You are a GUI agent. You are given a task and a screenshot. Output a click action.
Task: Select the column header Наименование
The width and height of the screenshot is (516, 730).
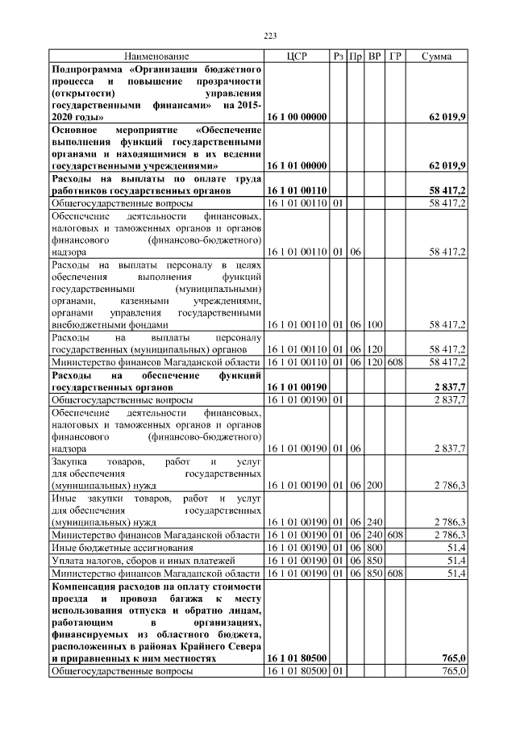pos(156,56)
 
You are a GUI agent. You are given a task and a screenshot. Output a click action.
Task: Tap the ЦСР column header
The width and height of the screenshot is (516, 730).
pos(297,56)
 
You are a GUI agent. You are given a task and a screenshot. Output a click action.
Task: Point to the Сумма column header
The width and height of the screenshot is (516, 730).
pos(436,56)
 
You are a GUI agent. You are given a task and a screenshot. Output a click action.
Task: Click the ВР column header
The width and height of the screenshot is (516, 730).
pos(374,56)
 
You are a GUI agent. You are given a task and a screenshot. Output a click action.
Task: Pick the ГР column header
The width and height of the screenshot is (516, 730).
pos(395,56)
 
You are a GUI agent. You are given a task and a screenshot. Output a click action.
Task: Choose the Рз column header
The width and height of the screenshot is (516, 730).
pos(339,56)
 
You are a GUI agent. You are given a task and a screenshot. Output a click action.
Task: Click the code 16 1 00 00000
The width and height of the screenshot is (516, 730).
pos(297,117)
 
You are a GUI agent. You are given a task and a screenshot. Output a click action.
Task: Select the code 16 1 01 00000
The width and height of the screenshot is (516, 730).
pos(297,165)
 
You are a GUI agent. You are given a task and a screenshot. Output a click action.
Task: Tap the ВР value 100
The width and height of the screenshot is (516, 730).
pos(374,324)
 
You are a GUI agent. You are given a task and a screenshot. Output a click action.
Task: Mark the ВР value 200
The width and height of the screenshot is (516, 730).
pos(374,486)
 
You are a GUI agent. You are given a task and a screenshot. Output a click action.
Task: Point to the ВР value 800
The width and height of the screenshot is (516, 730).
pos(374,547)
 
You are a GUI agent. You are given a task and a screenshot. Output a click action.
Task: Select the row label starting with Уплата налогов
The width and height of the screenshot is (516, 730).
pos(131,560)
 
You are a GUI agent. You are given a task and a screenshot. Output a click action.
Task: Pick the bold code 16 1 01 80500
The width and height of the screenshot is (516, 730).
pos(297,658)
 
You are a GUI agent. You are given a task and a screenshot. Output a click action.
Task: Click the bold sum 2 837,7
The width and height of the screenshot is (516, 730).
pos(450,387)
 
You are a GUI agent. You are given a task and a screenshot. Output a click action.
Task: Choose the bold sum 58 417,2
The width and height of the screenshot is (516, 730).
pos(447,190)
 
